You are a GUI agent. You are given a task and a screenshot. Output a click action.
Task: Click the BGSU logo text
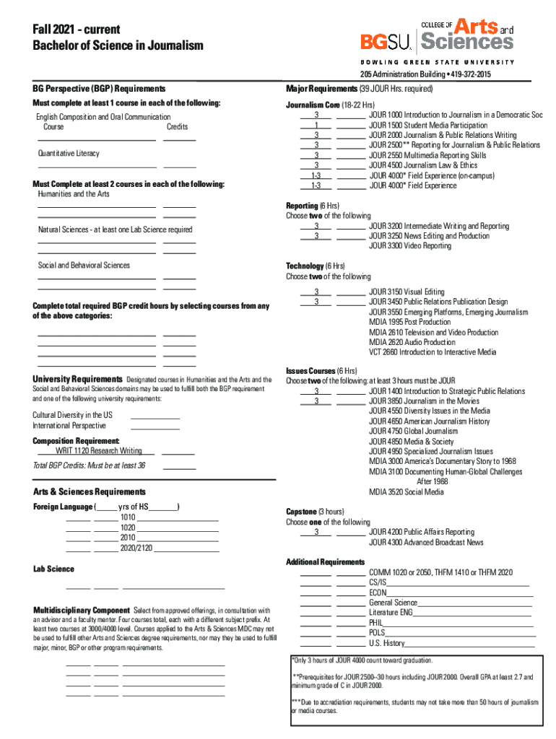(386, 42)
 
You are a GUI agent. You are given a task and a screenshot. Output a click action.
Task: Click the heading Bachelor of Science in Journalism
(118, 46)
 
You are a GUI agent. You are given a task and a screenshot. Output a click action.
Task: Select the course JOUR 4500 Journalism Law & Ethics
(422, 165)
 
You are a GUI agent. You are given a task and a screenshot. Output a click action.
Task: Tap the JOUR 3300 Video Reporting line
(409, 246)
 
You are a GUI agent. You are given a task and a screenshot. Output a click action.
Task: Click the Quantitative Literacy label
(69, 154)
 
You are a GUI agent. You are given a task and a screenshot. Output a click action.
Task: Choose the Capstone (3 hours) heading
(314, 512)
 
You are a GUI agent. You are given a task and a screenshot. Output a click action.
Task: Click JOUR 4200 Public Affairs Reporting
(421, 532)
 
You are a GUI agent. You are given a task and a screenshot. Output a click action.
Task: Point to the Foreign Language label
(63, 507)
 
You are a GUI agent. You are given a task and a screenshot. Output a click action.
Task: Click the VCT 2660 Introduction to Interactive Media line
(433, 352)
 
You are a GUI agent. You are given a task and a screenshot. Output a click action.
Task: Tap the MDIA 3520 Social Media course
(406, 492)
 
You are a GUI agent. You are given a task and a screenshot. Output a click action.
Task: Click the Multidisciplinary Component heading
(81, 610)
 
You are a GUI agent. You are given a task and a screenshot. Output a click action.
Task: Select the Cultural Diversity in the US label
(72, 415)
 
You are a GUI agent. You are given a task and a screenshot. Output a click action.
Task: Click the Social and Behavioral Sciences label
(84, 266)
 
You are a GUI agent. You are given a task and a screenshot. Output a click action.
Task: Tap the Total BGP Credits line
(89, 465)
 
